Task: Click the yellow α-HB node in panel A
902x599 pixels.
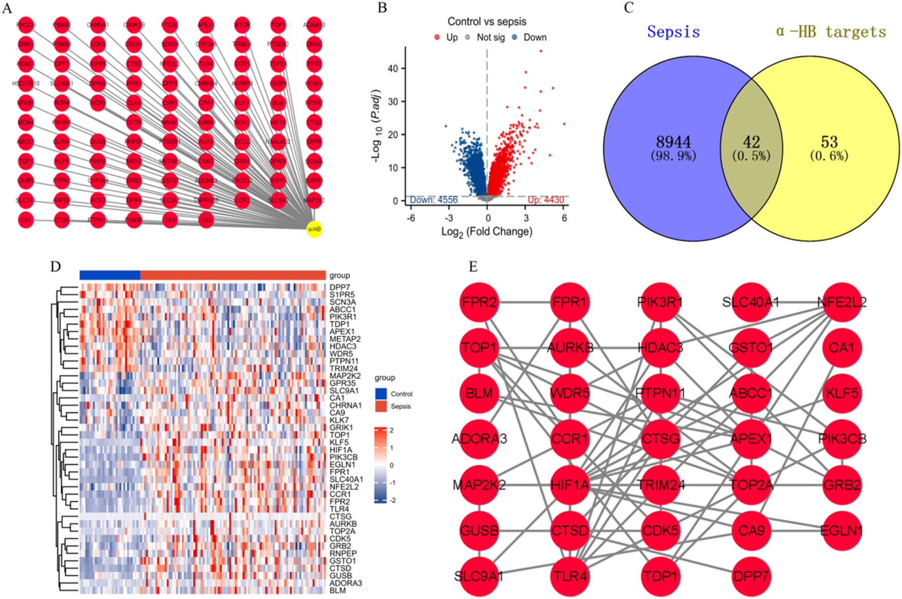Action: pos(314,229)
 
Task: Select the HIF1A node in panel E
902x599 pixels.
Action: pos(570,485)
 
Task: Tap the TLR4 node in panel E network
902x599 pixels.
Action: pos(570,576)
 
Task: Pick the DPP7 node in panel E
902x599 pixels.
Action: pos(751,576)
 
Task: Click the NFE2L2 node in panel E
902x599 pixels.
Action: pos(841,302)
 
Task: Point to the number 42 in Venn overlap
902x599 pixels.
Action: pos(751,142)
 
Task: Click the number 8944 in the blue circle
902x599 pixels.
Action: pos(673,142)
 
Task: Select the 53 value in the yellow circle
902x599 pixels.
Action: pos(829,142)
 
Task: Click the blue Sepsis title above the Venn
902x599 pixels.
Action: pos(673,32)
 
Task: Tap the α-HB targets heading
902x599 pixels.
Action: pos(831,32)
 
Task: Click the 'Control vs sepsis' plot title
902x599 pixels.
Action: pos(487,21)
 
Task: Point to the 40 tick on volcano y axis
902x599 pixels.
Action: pos(393,68)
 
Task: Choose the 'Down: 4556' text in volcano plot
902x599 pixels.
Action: pos(434,200)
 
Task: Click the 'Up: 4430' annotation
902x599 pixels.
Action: pos(546,200)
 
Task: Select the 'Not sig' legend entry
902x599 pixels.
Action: pos(490,37)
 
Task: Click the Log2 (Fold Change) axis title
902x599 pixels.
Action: pos(487,232)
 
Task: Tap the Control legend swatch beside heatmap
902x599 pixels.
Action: pos(381,394)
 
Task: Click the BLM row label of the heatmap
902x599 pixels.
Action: pos(337,590)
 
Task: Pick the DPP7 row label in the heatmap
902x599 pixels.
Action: pos(340,287)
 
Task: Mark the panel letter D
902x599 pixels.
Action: pos(55,266)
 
